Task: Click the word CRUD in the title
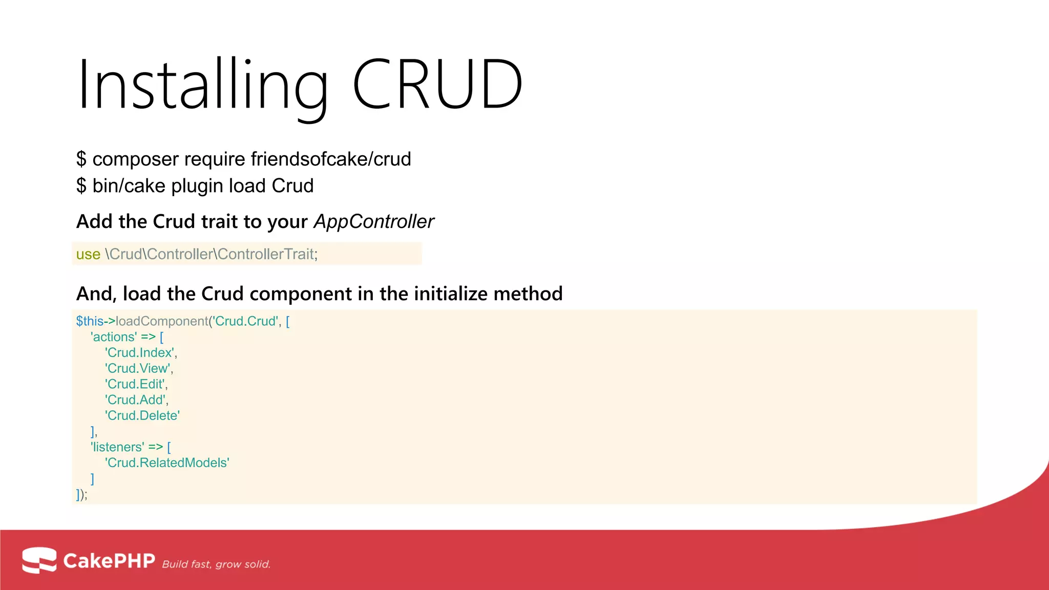(438, 85)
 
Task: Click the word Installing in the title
(202, 85)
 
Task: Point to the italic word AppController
(374, 222)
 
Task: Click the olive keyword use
(88, 255)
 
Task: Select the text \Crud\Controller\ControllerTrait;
(211, 255)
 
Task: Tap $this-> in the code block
(95, 321)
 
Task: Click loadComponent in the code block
(162, 321)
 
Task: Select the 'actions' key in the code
(114, 337)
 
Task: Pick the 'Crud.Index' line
(140, 353)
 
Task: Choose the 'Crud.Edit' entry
(136, 384)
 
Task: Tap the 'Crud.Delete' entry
(142, 416)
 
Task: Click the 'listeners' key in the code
(117, 447)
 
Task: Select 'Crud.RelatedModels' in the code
(167, 463)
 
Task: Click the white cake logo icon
(39, 560)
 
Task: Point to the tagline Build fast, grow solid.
(216, 564)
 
